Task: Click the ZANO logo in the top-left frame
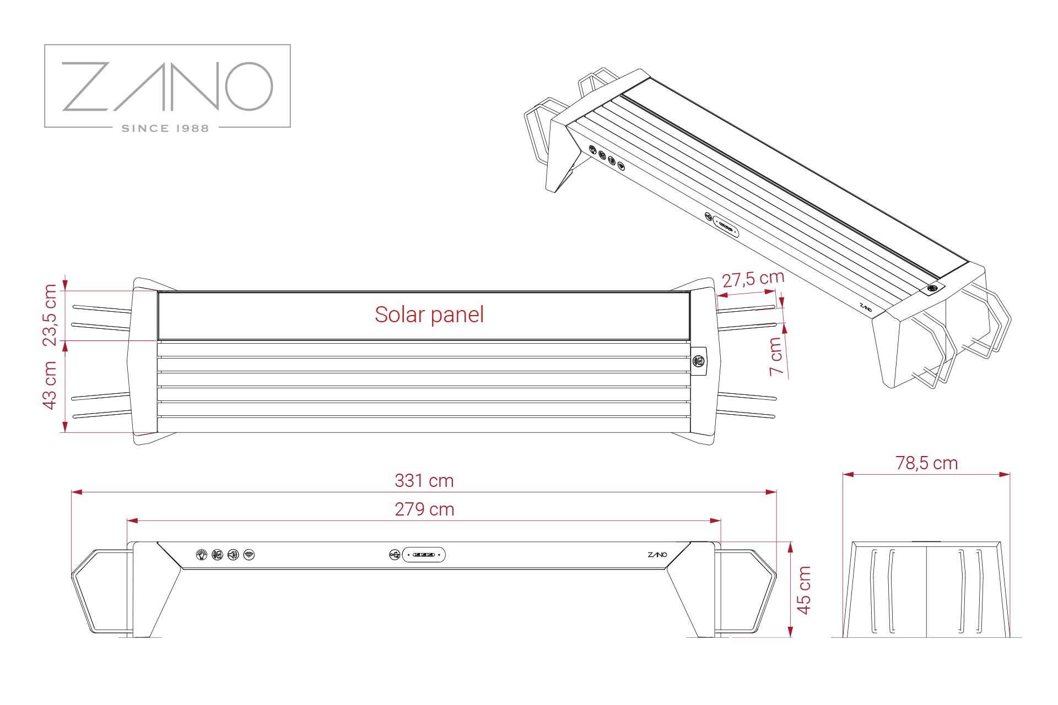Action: pos(168,86)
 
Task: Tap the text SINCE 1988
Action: pos(165,128)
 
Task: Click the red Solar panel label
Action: pos(429,314)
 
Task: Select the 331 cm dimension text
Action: pos(424,481)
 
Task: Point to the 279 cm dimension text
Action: pos(424,509)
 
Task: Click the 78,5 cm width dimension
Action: pos(927,463)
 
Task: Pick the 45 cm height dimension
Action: pos(804,590)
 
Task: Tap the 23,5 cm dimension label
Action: pos(50,314)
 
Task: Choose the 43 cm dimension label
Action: pos(50,385)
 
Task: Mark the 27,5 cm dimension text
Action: pos(753,279)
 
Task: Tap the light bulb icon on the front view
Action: pos(202,555)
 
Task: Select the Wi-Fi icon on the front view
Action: pos(249,555)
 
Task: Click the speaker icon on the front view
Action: pos(233,555)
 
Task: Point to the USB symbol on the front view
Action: pos(395,555)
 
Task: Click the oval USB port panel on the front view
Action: pos(424,555)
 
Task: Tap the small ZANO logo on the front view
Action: pos(657,555)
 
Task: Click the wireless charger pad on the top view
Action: pos(699,361)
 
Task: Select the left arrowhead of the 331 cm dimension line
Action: pos(77,492)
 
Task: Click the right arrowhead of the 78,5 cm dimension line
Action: pos(1005,474)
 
